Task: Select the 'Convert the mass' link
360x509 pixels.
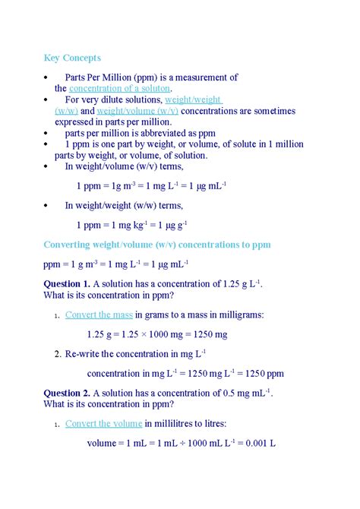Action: (x=99, y=315)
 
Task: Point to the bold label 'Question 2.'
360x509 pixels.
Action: (x=67, y=393)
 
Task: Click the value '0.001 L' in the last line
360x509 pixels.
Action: (x=260, y=442)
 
